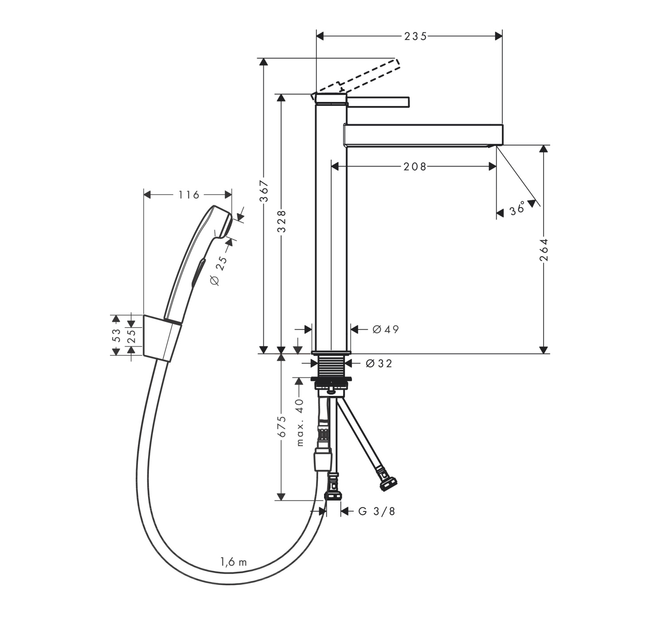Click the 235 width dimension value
415,36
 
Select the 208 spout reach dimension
415,167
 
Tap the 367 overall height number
264,191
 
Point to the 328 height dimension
282,221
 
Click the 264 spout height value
544,250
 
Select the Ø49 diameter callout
386,329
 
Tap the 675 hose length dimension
282,426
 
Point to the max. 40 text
300,422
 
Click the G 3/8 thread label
377,512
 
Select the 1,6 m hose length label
233,562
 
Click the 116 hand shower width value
188,195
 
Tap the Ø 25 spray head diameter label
219,270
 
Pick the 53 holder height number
116,335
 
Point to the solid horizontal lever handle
378,102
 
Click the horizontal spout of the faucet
423,136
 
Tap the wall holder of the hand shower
162,338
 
